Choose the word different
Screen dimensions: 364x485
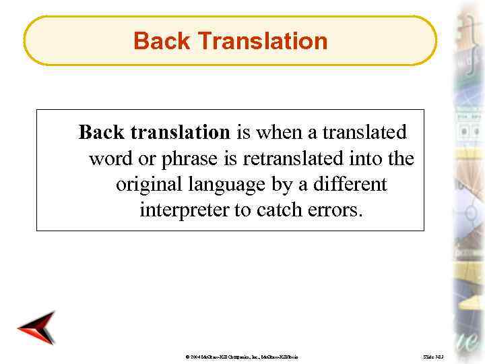point(355,184)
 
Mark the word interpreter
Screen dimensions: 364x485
point(184,210)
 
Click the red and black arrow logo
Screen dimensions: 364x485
point(36,328)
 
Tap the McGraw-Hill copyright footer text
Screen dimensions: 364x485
point(242,355)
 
